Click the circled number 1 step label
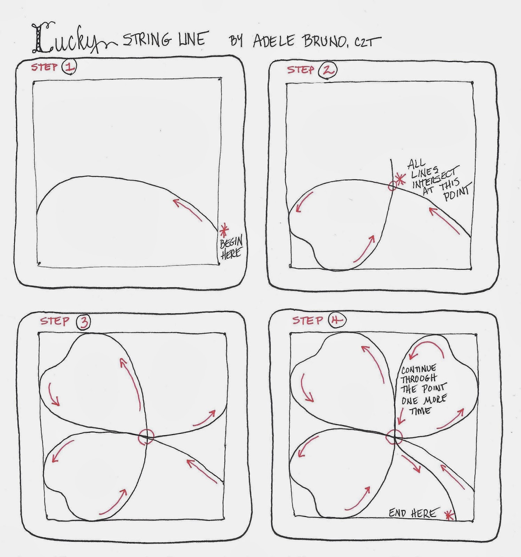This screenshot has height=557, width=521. click(x=69, y=67)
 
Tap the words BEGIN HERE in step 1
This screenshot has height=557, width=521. click(x=231, y=248)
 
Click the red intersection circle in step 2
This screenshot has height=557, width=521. click(x=392, y=186)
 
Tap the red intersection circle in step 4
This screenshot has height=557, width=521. click(x=394, y=436)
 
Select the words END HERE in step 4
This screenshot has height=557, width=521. click(x=412, y=513)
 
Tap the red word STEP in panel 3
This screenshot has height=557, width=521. click(x=55, y=321)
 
